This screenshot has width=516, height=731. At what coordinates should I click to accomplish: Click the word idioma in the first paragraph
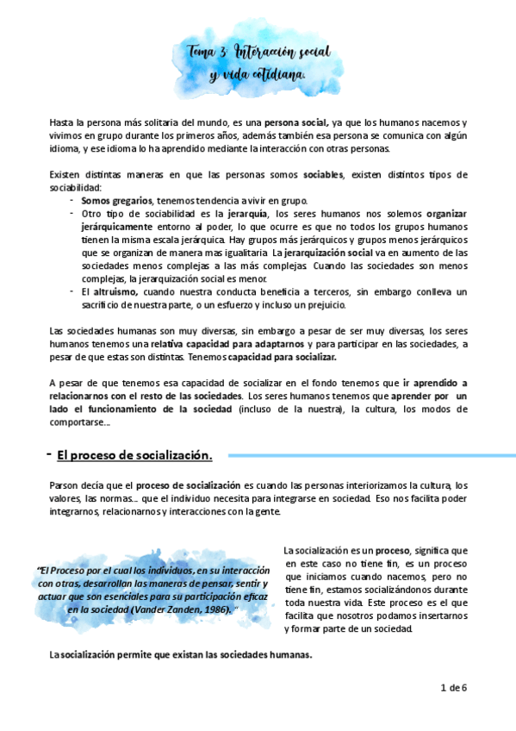tap(64, 148)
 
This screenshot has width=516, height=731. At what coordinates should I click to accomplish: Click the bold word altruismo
tap(115, 292)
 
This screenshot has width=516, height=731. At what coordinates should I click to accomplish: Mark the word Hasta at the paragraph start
tap(62, 122)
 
